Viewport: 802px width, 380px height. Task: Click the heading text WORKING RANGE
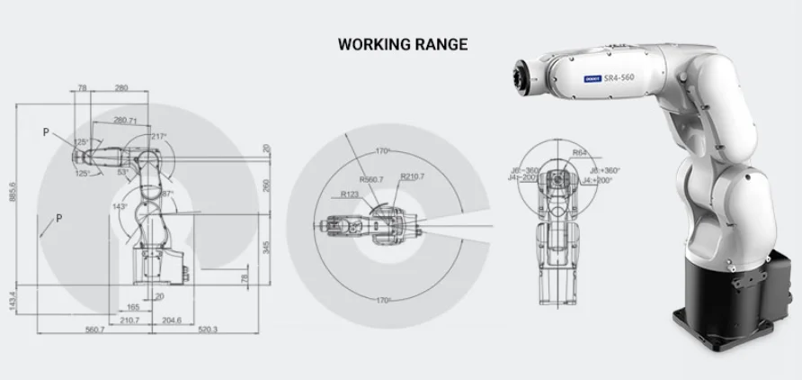pos(402,44)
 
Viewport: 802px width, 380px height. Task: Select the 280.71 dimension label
pos(126,120)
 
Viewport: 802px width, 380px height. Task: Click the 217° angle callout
pos(158,137)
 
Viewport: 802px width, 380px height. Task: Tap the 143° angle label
pos(119,206)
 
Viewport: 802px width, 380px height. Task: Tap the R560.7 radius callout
pos(369,180)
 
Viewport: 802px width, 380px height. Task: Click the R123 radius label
pos(351,194)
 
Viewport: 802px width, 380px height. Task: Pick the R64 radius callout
pos(580,153)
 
